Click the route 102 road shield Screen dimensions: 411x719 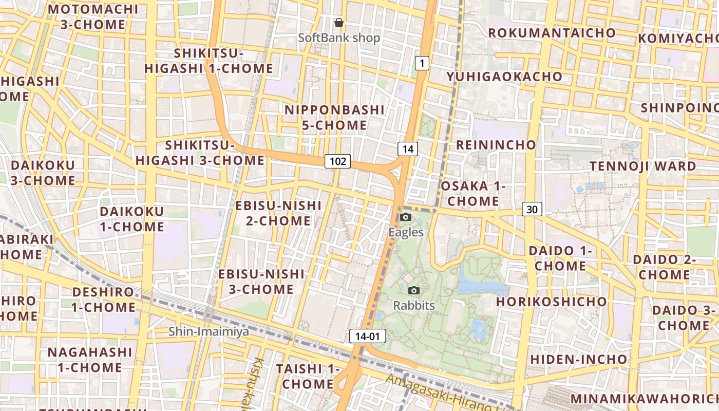tap(337, 161)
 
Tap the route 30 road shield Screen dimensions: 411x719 tap(533, 209)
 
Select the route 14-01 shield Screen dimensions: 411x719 tap(367, 337)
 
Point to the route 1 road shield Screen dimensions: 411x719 tap(422, 63)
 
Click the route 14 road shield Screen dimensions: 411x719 tap(408, 149)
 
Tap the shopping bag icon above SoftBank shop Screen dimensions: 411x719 tap(339, 23)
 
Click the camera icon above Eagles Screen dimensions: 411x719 tap(406, 217)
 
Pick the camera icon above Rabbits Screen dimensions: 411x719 tap(414, 291)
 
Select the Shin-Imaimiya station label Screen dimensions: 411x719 tap(209, 331)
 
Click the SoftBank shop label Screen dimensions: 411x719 tap(339, 38)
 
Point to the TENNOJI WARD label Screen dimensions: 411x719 tap(642, 166)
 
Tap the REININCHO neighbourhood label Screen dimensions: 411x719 tap(496, 145)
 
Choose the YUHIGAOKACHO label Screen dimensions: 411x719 tap(504, 77)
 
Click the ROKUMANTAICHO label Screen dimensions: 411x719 tap(552, 33)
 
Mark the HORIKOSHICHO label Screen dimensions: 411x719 tap(552, 301)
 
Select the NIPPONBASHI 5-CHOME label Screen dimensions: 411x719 tap(334, 117)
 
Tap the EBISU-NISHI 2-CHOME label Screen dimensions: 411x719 tap(278, 213)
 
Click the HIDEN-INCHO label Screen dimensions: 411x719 tap(579, 359)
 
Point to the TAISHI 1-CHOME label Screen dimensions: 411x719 tap(308, 376)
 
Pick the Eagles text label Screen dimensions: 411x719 tap(406, 232)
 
